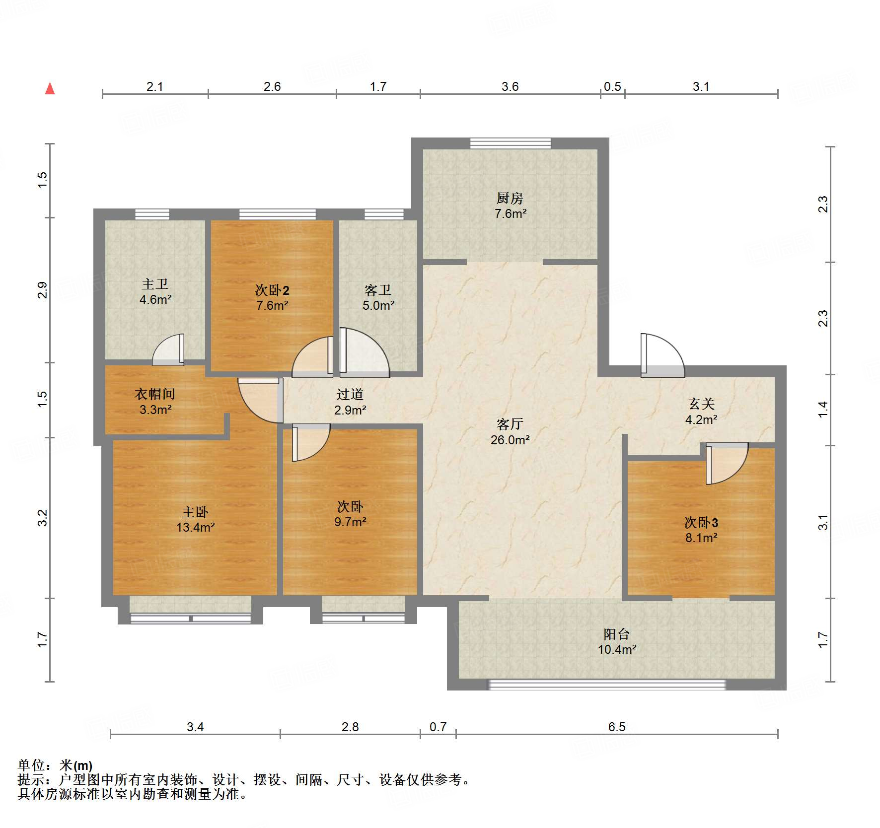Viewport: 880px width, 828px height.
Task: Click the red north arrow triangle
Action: pyautogui.click(x=50, y=89)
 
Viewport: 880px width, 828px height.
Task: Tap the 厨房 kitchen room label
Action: pyautogui.click(x=510, y=199)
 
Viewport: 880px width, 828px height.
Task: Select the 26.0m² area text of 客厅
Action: pyautogui.click(x=510, y=440)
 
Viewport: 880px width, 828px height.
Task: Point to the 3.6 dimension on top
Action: pyautogui.click(x=510, y=87)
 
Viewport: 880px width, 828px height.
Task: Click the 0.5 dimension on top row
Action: pyautogui.click(x=612, y=87)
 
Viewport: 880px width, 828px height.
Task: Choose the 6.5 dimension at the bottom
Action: pyautogui.click(x=616, y=727)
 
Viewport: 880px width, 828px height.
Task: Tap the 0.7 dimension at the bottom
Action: pyautogui.click(x=438, y=727)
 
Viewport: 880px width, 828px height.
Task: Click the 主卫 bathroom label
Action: pyautogui.click(x=155, y=284)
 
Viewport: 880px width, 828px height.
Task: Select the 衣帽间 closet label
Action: pyautogui.click(x=155, y=394)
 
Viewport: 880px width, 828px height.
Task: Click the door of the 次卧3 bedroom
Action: pyautogui.click(x=726, y=464)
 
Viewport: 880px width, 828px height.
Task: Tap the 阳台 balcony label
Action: pyautogui.click(x=616, y=634)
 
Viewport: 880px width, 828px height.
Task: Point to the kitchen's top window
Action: pyautogui.click(x=510, y=143)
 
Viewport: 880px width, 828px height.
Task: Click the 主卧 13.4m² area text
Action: pyautogui.click(x=195, y=528)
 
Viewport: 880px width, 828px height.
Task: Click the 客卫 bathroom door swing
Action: pyautogui.click(x=364, y=350)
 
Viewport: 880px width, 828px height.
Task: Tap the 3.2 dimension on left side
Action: pyautogui.click(x=43, y=518)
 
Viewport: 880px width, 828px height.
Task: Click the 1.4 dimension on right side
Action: pyautogui.click(x=823, y=410)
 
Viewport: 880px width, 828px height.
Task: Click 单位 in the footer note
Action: pyautogui.click(x=31, y=765)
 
